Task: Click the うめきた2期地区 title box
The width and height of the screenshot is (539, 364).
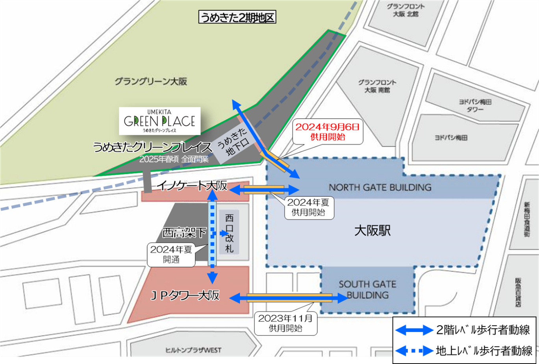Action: point(237,17)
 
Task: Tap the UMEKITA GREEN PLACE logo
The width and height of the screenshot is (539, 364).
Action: point(160,121)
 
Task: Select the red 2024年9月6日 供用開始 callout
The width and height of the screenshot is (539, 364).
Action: point(328,132)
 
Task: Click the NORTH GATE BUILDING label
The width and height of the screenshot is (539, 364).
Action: point(380,187)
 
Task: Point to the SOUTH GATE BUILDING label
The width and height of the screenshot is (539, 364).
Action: point(367,289)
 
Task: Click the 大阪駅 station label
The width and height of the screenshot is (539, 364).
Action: point(372,231)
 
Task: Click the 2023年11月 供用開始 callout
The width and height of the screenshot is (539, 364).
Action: point(285,323)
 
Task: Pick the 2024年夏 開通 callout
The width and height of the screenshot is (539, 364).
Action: point(171,254)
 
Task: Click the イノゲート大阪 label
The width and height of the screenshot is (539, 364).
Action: point(192,185)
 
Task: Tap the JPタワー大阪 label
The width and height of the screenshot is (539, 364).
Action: point(185,296)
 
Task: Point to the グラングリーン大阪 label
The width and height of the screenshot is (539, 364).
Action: point(151,82)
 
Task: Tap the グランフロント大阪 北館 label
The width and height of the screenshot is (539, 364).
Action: point(406,10)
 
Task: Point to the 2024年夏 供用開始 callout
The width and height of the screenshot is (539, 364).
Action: point(308,207)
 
